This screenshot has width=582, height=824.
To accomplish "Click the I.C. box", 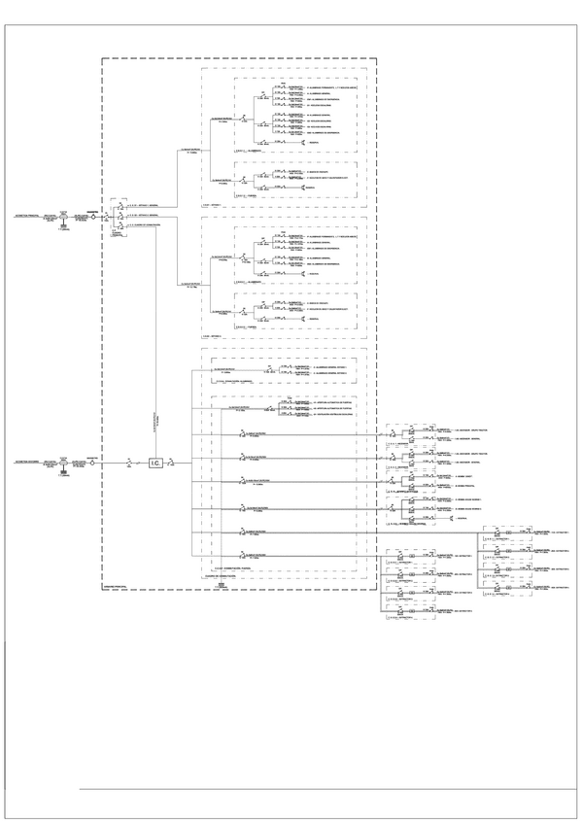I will [x=154, y=463].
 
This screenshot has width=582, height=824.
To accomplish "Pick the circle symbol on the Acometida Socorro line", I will [x=93, y=463].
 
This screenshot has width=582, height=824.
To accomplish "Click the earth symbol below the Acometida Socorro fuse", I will [x=64, y=475].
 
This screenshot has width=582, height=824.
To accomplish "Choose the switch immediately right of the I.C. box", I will [x=172, y=463].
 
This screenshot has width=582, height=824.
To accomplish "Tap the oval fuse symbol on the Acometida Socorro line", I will [x=64, y=463].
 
